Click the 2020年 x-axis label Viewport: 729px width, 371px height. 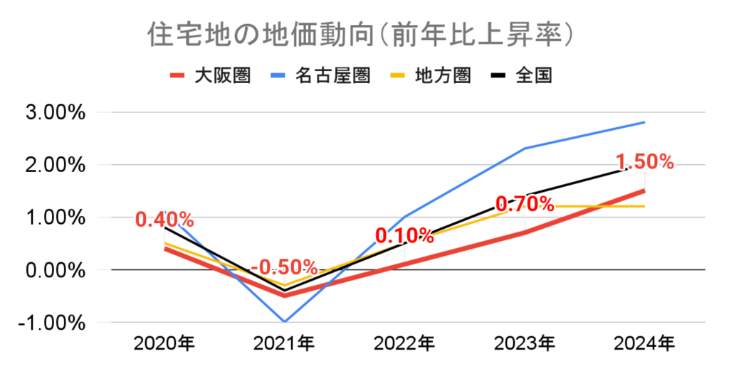(x=164, y=344)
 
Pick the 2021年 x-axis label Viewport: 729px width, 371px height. (x=285, y=344)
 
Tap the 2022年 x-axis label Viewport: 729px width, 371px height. (x=404, y=344)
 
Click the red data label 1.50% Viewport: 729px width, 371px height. (x=645, y=162)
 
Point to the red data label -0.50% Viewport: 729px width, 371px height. (x=284, y=267)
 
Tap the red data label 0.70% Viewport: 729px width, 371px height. (x=525, y=204)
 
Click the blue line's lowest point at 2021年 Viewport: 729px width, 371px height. (x=285, y=322)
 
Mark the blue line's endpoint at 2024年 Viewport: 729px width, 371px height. (x=644, y=122)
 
